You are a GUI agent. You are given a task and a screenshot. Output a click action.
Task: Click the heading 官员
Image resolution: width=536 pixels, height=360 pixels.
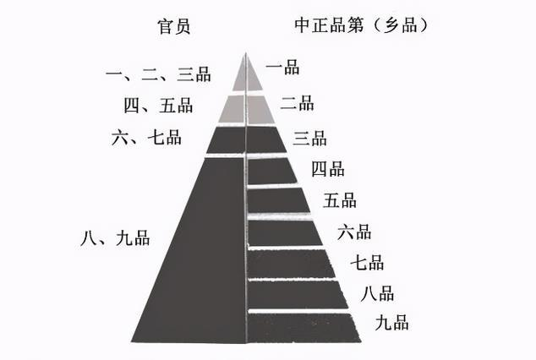tap(173, 26)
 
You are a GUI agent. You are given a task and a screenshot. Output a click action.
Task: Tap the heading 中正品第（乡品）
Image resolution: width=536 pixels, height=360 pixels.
tap(362, 25)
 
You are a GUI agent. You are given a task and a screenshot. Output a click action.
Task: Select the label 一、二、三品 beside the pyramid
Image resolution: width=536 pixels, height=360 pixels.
tap(158, 74)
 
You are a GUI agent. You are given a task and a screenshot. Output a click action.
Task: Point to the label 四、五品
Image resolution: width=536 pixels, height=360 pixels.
tap(158, 105)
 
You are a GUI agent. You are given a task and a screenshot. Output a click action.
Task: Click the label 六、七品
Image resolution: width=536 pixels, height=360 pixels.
tap(146, 137)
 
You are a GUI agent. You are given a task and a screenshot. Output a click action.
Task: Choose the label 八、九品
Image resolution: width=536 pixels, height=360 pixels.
tap(115, 237)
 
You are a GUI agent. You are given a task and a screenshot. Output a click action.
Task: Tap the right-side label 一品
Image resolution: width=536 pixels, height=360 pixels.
tap(282, 68)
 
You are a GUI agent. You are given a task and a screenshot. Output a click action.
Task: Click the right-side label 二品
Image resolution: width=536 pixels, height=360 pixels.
tap(297, 103)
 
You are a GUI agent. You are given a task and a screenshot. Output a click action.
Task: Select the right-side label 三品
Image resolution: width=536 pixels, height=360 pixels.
tap(309, 139)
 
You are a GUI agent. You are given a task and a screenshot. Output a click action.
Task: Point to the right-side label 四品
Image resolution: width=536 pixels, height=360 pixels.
tap(328, 169)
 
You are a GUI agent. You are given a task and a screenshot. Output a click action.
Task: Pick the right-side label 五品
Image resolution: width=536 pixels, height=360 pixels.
tap(340, 200)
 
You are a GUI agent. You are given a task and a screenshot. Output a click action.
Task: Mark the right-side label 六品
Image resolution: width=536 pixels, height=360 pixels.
tap(354, 232)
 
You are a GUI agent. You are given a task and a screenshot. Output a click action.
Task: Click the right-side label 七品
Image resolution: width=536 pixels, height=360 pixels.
tap(367, 262)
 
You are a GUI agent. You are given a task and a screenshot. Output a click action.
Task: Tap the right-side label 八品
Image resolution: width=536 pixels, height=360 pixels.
tap(377, 294)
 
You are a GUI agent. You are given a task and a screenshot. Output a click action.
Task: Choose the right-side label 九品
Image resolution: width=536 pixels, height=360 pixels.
tap(391, 323)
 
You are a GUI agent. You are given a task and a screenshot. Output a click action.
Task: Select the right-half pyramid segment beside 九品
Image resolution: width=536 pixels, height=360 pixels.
tap(301, 328)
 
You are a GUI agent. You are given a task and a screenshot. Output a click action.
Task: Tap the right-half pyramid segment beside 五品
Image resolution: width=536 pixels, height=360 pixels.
tap(276, 200)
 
